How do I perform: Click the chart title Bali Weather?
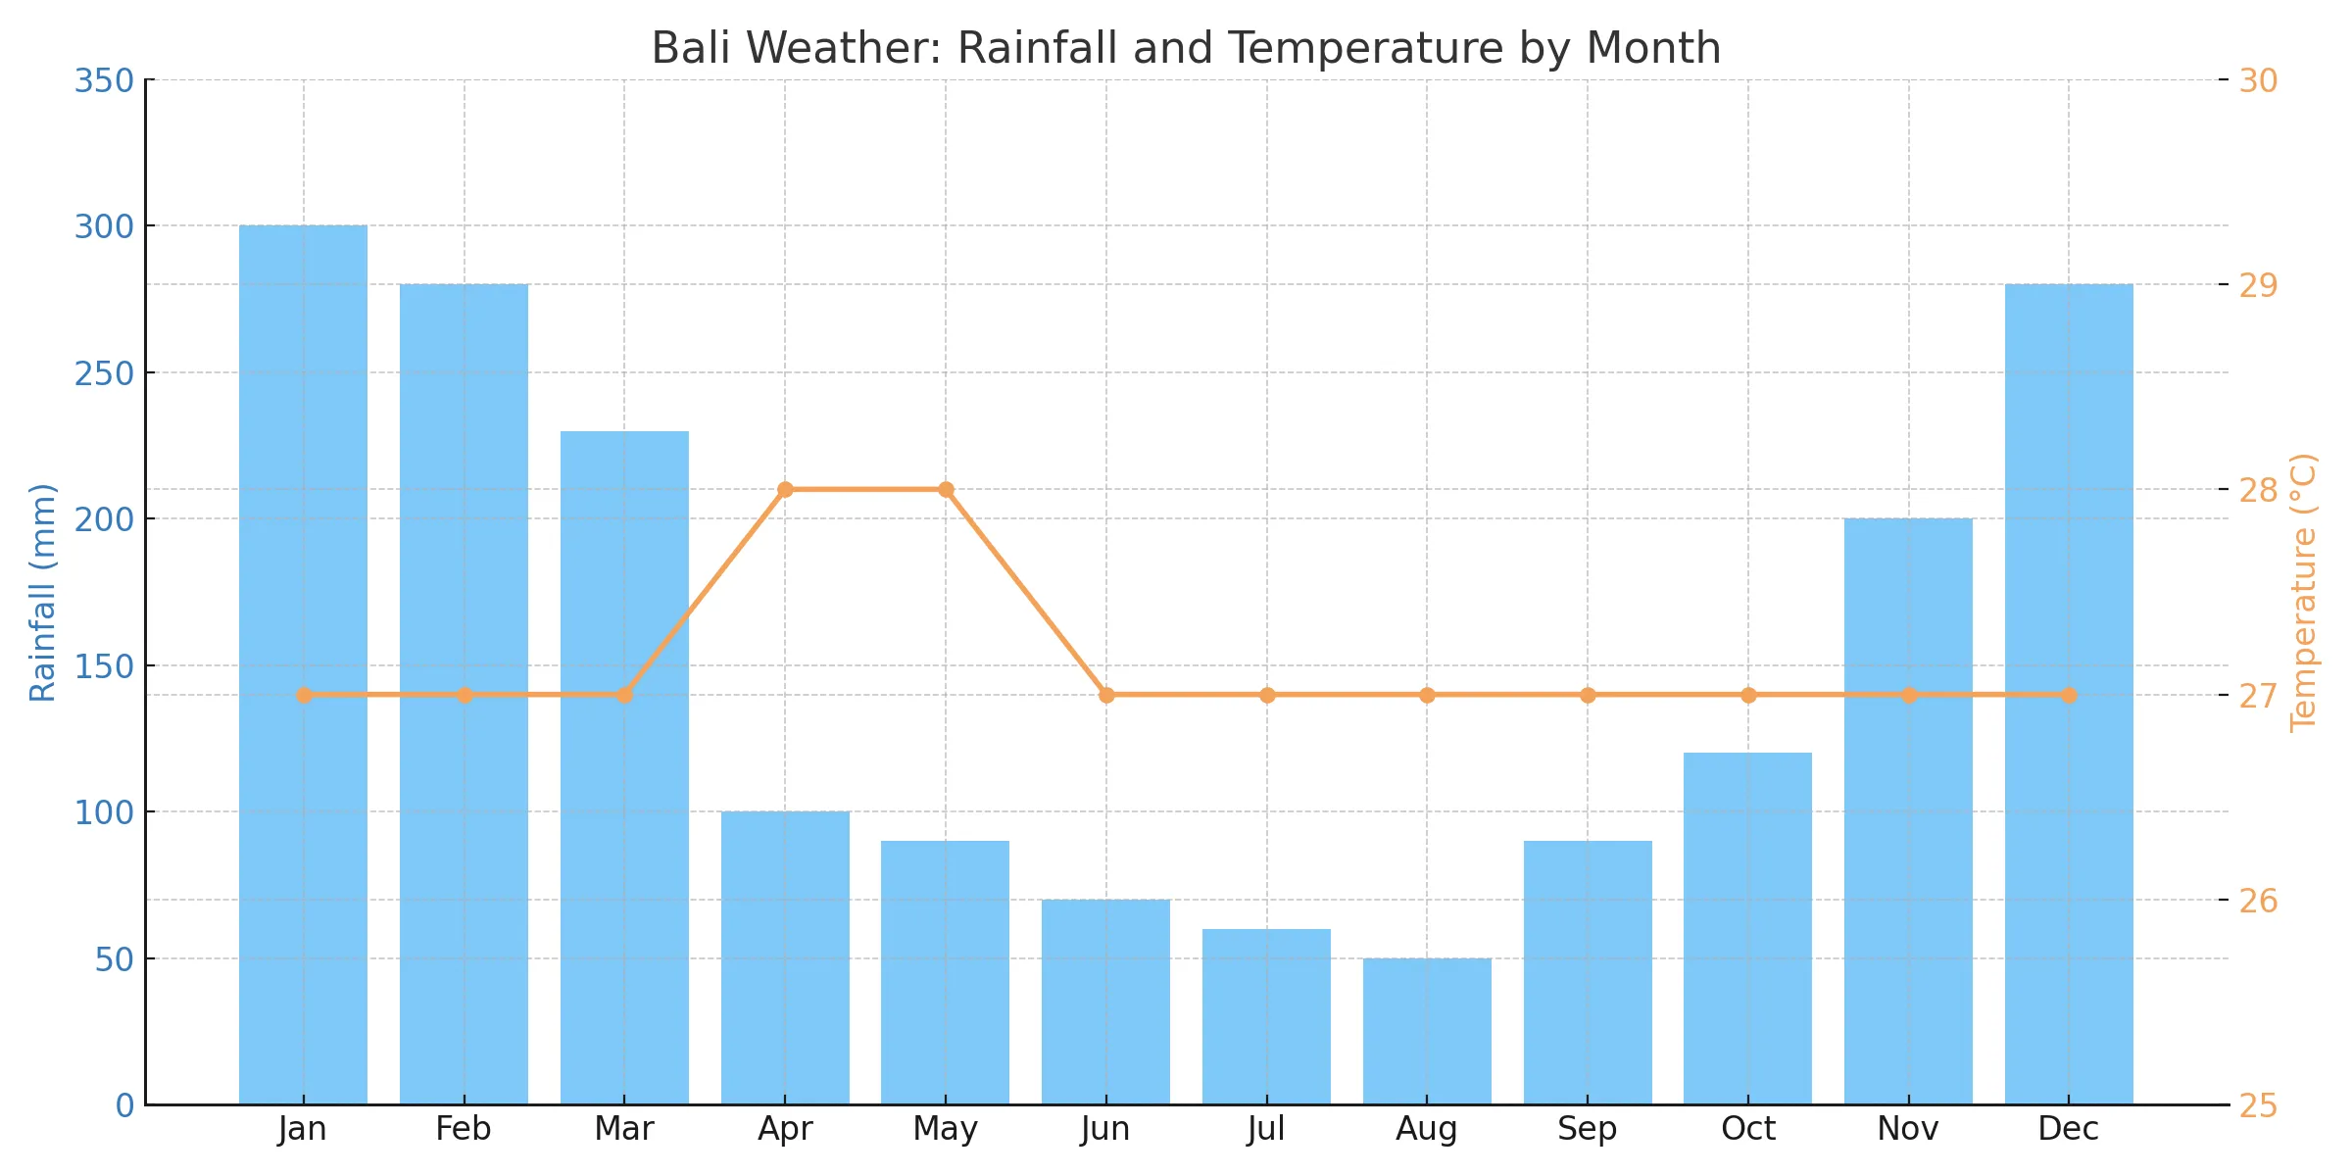(1186, 48)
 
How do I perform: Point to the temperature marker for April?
(785, 490)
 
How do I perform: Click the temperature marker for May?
(946, 490)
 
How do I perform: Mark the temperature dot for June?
(1106, 695)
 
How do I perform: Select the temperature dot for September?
(1588, 695)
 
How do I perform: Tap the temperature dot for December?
(2069, 695)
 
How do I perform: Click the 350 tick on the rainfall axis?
(104, 80)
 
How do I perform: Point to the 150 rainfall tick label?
(104, 665)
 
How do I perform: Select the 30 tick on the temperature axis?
(2258, 80)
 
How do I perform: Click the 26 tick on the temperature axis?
(2258, 900)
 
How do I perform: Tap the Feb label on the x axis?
(464, 1129)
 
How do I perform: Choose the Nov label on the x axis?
(1908, 1129)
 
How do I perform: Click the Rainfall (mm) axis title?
(42, 592)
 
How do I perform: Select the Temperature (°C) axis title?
(2303, 592)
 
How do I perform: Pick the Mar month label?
(624, 1129)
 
